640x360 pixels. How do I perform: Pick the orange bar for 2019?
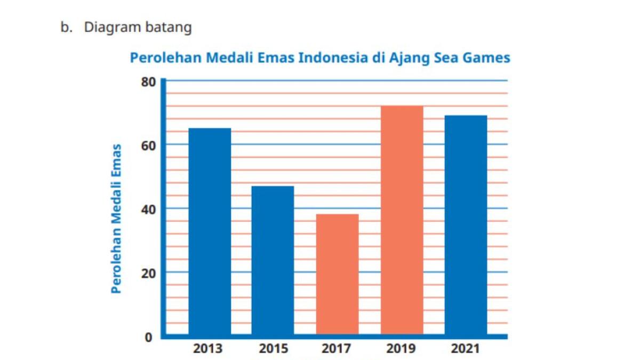click(x=402, y=220)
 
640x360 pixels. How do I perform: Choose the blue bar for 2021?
click(x=466, y=225)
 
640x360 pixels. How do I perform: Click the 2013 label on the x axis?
click(x=208, y=349)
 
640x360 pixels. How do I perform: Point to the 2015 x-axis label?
click(x=273, y=349)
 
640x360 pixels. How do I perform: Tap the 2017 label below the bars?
click(x=337, y=349)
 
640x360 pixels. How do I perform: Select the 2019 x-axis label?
click(x=401, y=349)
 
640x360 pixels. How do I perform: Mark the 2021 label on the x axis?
click(x=465, y=349)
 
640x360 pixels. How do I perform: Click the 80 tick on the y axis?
click(x=148, y=82)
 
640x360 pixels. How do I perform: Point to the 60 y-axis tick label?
click(x=148, y=146)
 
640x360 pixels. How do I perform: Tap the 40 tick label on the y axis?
click(x=148, y=210)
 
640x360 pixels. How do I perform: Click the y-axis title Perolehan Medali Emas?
click(x=116, y=219)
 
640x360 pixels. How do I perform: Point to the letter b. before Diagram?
click(x=66, y=28)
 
